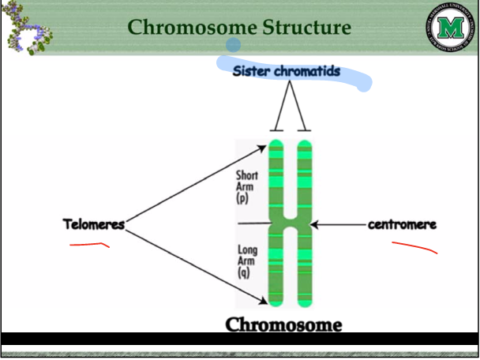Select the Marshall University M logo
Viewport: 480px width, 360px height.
450,29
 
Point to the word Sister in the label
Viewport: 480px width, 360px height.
253,72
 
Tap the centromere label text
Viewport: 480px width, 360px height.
402,224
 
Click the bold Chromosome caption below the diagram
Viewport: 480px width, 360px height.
283,324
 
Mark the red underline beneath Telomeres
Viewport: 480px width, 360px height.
88,245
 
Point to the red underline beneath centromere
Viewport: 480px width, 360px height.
414,247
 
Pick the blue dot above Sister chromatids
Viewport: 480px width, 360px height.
233,45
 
